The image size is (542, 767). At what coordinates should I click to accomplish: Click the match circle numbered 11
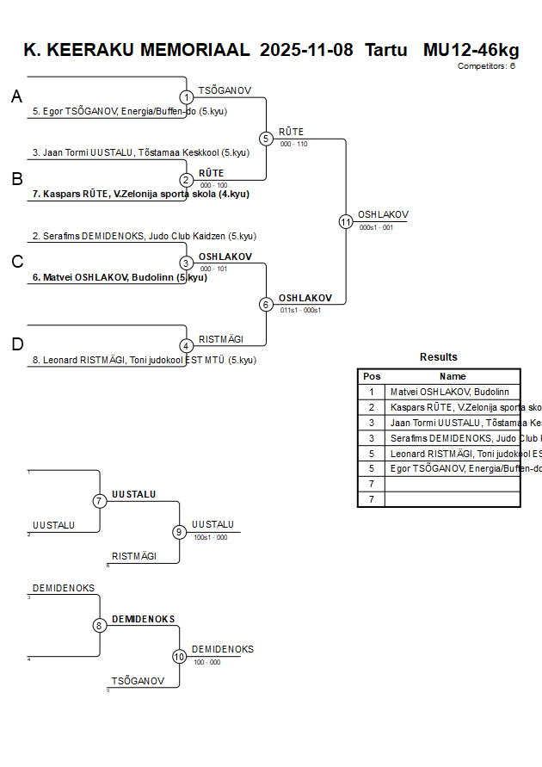346,221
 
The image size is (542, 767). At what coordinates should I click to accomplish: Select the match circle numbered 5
266,139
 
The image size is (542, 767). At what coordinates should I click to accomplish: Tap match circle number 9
180,532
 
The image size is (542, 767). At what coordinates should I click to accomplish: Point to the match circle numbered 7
100,501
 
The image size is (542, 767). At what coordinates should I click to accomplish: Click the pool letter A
16,97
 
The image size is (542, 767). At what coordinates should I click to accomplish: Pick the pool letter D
16,344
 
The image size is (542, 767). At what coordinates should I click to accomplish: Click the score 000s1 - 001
376,227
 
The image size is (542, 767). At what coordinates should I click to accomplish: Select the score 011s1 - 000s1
300,310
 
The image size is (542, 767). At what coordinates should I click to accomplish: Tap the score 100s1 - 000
210,537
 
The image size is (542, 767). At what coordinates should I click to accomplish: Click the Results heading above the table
439,357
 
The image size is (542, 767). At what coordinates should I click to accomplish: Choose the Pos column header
372,376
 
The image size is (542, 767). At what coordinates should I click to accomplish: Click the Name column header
453,376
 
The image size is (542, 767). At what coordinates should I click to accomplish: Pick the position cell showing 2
372,407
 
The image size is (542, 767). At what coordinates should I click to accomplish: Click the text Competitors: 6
486,65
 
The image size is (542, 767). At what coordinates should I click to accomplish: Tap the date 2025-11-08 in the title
306,49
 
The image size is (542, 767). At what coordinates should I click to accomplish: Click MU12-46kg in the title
471,49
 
